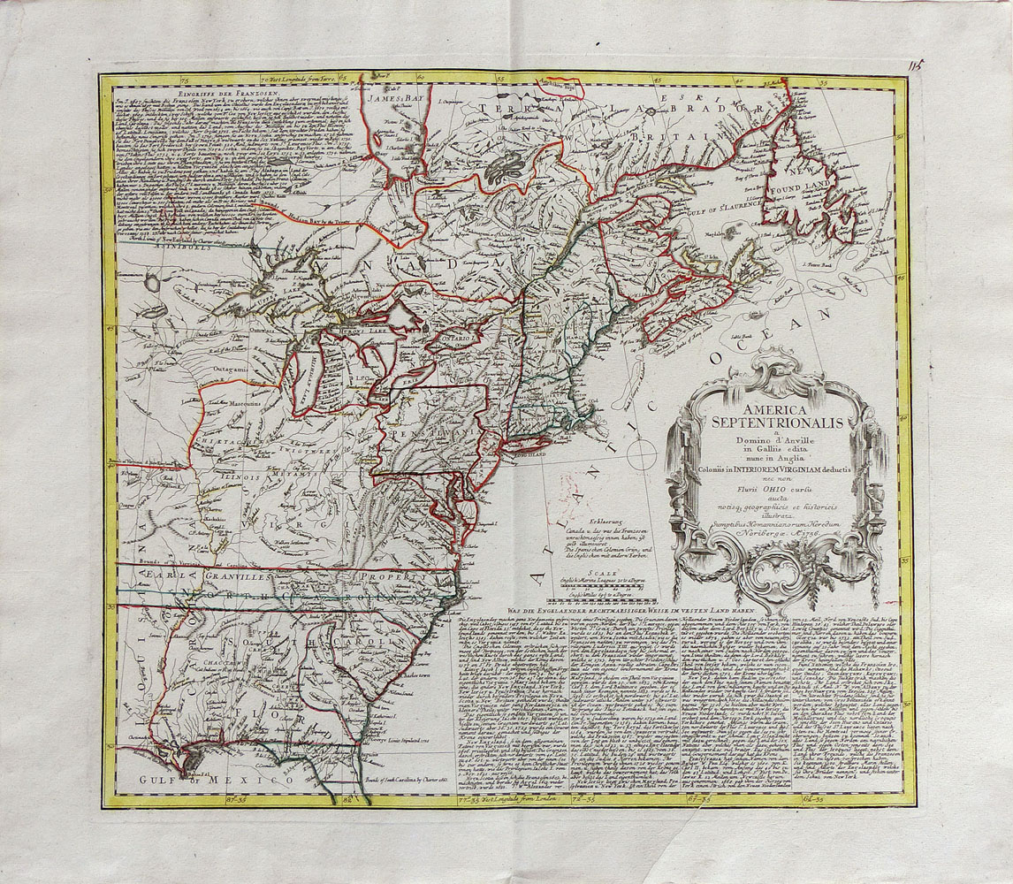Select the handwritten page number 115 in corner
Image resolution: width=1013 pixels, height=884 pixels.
(914, 65)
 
